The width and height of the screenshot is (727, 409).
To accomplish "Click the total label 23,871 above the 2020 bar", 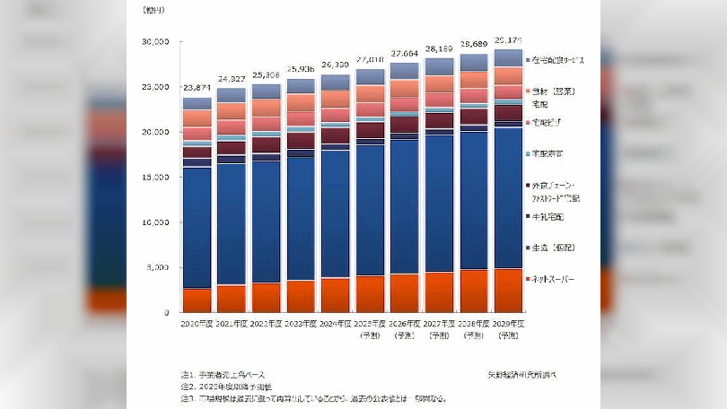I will pos(197,88).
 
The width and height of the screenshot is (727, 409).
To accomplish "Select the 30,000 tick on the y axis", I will pos(154,42).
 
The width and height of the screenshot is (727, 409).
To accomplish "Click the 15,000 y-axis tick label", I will pos(154,178).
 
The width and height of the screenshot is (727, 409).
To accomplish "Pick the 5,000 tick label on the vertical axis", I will pos(157,268).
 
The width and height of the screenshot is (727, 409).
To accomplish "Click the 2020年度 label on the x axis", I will pos(197,323).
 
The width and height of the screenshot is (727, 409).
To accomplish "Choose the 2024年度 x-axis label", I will pos(336,323).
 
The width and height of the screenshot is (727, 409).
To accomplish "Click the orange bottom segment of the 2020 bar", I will pos(197,300).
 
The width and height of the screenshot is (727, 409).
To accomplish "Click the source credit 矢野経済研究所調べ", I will pos(520,373).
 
